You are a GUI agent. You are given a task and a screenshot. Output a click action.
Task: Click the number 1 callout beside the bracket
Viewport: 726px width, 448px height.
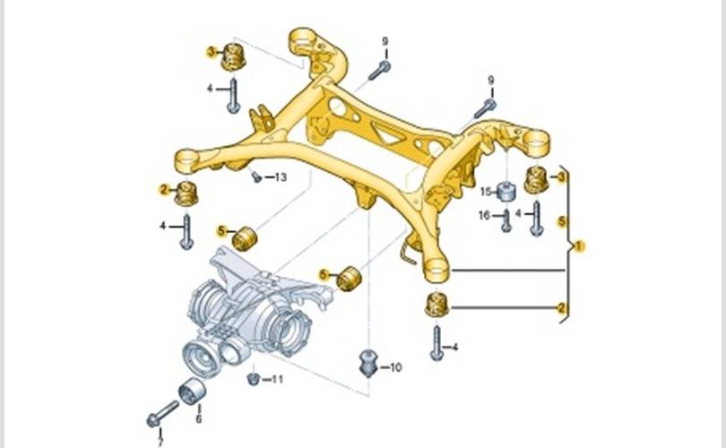pos(581,245)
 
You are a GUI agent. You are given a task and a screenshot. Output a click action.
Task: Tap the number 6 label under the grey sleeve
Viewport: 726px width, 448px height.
pos(198,418)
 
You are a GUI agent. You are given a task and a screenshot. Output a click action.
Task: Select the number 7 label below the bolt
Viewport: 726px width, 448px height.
pos(160,443)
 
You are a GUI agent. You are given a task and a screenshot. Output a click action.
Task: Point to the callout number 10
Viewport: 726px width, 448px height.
pos(396,366)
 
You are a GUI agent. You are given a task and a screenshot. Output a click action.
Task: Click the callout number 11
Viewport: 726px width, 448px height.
pos(277,380)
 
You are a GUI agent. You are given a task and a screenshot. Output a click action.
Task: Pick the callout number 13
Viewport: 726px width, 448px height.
pos(281,177)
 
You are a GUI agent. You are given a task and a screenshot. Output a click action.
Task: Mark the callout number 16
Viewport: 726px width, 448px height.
pos(485,215)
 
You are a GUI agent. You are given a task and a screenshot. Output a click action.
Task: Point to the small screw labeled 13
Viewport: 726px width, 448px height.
pos(257,176)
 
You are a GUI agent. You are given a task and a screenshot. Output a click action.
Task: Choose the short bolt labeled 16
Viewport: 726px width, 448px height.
pos(506,220)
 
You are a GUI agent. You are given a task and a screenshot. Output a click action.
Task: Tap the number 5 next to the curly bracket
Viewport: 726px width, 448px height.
pos(562,220)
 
